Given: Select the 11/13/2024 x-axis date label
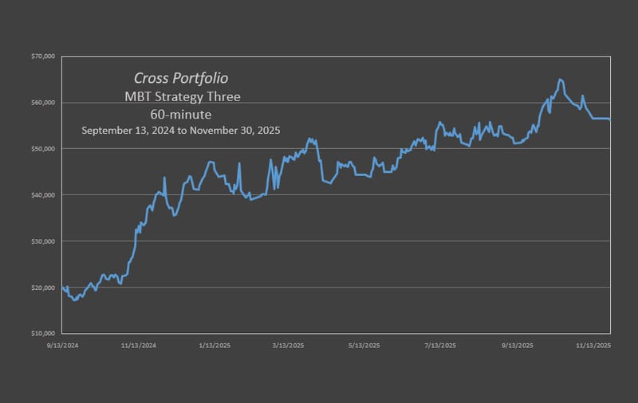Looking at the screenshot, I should tap(139, 346).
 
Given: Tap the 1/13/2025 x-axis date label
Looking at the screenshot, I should tap(215, 346).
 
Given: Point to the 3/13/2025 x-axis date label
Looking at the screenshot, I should tap(288, 346).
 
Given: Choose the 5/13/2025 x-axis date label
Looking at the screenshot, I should tap(364, 346).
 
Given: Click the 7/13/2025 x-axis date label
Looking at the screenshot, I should tap(440, 346).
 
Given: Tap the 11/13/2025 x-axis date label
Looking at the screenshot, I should tap(593, 346).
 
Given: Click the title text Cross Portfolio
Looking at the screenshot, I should tap(180, 79).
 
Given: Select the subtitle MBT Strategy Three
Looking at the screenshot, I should tap(181, 97).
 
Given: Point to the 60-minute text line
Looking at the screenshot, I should tap(181, 114).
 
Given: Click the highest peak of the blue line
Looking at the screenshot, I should tap(560, 79).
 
